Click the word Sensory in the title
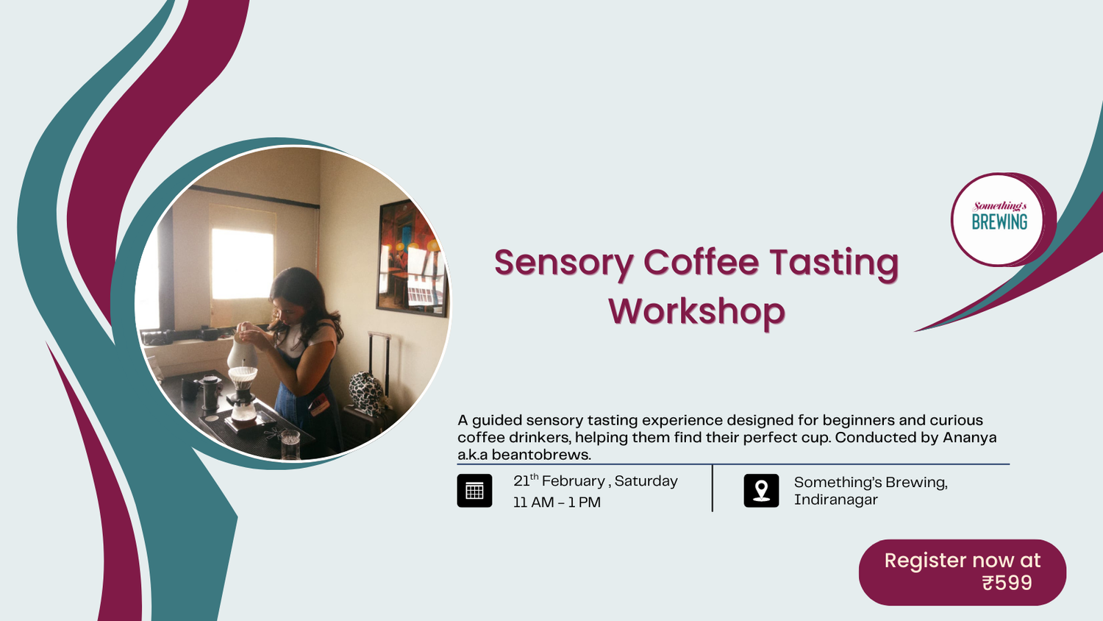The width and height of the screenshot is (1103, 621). click(x=563, y=263)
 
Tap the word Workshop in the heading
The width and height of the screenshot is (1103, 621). click(x=696, y=311)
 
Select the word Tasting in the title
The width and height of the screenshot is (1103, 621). click(x=834, y=263)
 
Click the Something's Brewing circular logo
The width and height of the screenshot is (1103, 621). click(x=999, y=219)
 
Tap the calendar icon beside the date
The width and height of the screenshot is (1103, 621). click(x=474, y=491)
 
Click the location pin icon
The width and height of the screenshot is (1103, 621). click(x=761, y=491)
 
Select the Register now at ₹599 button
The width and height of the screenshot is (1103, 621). click(x=962, y=572)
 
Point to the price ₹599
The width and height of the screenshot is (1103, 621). click(x=1007, y=583)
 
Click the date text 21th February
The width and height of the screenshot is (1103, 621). click(x=559, y=481)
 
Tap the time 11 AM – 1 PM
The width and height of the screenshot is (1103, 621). click(x=557, y=503)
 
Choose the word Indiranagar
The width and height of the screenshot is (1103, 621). click(x=835, y=500)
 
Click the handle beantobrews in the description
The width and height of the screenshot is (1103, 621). click(x=541, y=455)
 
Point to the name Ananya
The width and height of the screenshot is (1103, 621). click(x=971, y=438)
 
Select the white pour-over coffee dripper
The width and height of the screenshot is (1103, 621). click(x=243, y=377)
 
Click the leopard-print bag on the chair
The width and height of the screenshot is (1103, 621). click(x=367, y=392)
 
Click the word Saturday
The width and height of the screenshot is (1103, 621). click(x=646, y=481)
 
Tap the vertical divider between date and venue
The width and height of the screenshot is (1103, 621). click(x=713, y=488)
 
